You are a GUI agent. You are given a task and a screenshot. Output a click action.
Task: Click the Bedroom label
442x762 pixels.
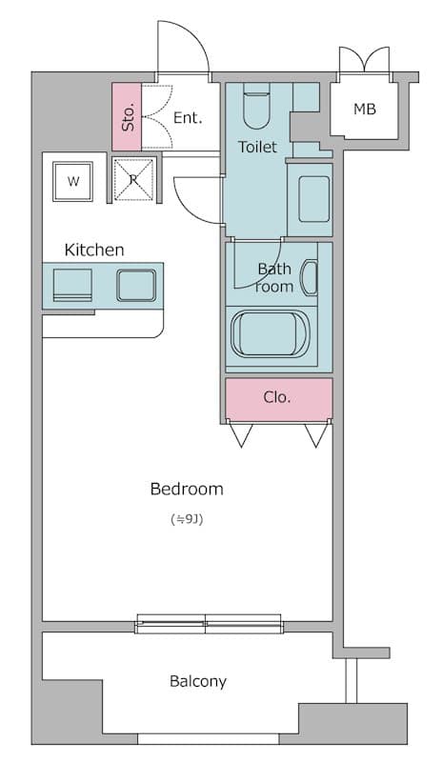click(x=187, y=489)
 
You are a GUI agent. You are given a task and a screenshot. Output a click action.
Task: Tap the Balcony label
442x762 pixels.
click(x=198, y=681)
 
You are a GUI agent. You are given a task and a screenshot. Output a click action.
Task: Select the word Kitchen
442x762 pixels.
click(x=94, y=250)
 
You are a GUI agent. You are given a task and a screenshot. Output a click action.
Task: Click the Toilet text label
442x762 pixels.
click(x=258, y=147)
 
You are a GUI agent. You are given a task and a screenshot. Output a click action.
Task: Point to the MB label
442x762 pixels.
click(x=365, y=110)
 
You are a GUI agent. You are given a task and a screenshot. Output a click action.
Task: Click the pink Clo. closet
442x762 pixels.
click(x=279, y=398)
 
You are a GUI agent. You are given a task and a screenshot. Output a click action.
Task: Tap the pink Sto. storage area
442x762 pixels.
click(x=127, y=117)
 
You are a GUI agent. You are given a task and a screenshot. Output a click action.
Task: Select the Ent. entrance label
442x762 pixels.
click(x=188, y=117)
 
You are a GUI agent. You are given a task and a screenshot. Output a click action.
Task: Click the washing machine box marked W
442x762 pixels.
click(x=73, y=182)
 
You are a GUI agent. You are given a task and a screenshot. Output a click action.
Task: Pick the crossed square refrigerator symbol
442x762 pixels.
click(x=133, y=179)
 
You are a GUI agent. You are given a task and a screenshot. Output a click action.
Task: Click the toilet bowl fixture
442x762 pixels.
click(x=256, y=106)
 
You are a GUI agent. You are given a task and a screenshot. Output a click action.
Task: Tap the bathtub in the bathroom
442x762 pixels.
click(x=271, y=334)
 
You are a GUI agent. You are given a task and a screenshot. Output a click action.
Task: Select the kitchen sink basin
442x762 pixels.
click(x=136, y=285)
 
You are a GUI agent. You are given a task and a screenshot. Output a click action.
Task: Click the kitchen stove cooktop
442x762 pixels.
click(x=72, y=285)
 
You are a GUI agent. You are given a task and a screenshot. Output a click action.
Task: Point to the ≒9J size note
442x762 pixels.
click(x=187, y=519)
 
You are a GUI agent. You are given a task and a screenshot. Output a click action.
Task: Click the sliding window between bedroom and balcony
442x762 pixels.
click(x=209, y=624)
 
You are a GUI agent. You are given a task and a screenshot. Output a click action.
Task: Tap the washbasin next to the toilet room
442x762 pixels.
click(x=314, y=199)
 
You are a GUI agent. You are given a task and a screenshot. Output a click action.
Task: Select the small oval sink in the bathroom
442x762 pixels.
click(x=310, y=277)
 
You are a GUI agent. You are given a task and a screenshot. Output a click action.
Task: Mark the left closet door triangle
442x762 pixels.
click(x=241, y=435)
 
